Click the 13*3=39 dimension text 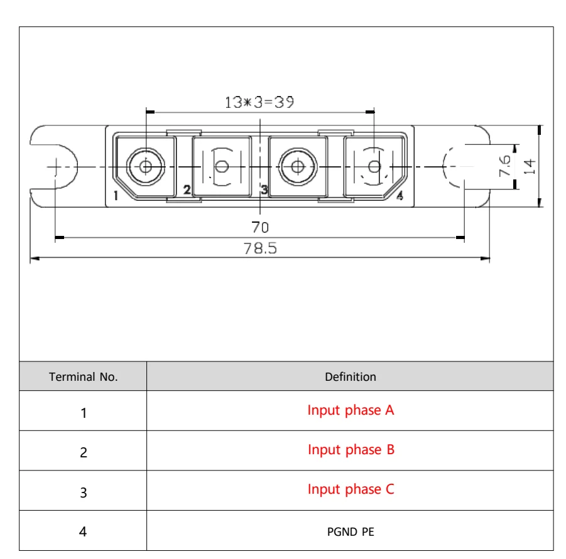coord(259,102)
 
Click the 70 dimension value coord(260,226)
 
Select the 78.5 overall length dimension coord(260,248)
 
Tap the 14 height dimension coord(530,166)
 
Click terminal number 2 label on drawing coord(187,189)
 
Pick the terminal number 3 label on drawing coord(264,189)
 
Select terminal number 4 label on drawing coord(400,196)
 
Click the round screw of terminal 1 coord(146,166)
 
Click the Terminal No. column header coord(84,377)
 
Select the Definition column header coord(351,377)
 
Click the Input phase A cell coord(351,411)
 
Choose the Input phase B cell coord(351,450)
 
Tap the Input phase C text coord(351,490)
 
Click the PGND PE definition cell coord(351,531)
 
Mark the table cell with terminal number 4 coord(84,531)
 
